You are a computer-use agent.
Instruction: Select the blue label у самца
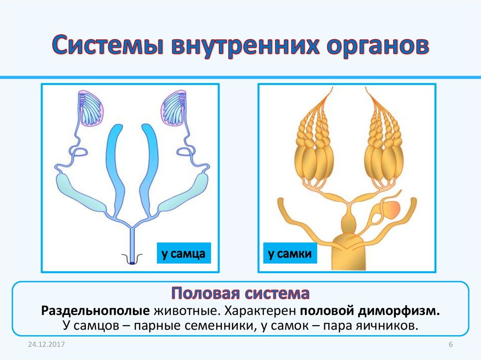(x=184, y=253)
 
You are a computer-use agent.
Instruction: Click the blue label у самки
(x=290, y=253)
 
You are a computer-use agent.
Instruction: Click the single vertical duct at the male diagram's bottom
(x=132, y=245)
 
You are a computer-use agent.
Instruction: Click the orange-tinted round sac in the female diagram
(x=391, y=209)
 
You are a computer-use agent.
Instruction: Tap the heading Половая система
(x=240, y=293)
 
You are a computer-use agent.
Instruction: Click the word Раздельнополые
(x=95, y=311)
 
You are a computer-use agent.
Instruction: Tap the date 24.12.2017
(x=47, y=345)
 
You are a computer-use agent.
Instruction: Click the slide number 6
(x=450, y=345)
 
